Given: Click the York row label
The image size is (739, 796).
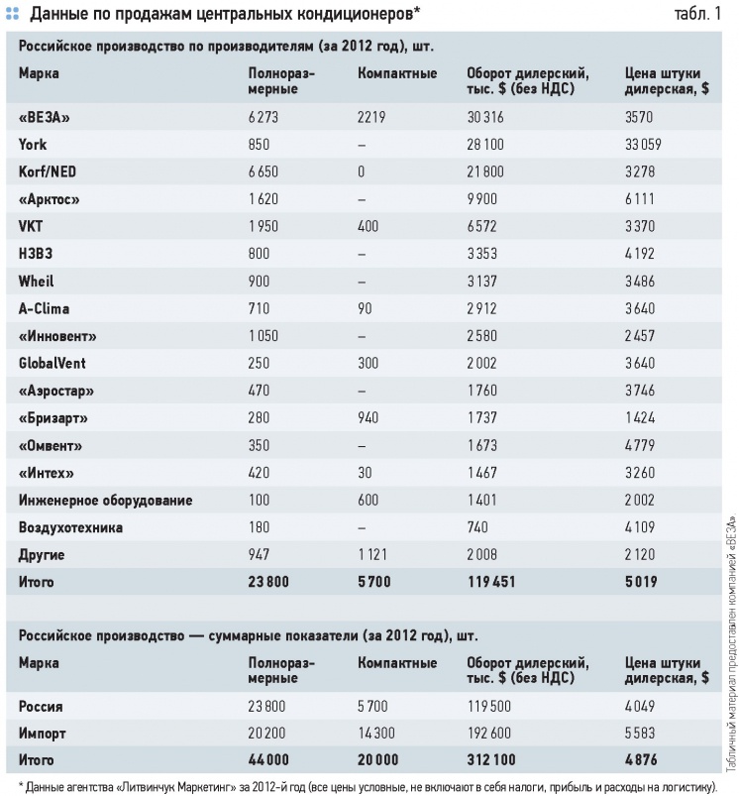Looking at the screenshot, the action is tap(33, 145).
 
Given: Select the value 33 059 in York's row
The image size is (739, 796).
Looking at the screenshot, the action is tap(643, 145).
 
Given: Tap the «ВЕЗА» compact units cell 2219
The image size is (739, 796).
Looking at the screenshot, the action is tap(371, 117).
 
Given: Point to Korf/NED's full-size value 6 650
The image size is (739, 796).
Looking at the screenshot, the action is tap(264, 172).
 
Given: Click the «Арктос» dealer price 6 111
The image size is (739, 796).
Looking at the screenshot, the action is tap(640, 199).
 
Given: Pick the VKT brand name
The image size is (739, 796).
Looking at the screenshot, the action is tap(31, 226).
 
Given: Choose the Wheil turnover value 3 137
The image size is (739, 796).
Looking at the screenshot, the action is tap(481, 282).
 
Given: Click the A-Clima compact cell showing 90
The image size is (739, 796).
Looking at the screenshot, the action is tap(365, 308).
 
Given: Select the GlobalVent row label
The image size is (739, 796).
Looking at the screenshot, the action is tap(53, 364).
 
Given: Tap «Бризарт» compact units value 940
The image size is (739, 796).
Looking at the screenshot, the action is tap(368, 417).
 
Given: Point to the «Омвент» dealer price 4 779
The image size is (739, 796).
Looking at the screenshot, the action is tap(640, 445).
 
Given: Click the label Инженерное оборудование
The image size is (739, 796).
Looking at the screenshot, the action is tap(105, 501).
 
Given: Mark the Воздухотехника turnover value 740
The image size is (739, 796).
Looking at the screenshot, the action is tap(477, 527).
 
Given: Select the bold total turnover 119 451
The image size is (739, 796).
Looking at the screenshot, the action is tap(491, 582).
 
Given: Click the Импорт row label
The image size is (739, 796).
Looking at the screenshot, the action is tap(42, 734).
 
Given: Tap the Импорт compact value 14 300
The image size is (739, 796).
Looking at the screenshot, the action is tap(375, 733).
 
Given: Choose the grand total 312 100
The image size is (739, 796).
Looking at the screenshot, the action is tap(491, 760).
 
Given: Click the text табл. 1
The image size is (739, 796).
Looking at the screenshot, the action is tap(697, 14).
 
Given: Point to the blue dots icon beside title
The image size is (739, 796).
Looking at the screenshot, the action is tap(12, 14).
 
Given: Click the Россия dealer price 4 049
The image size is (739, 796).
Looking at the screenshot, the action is tap(640, 706).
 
